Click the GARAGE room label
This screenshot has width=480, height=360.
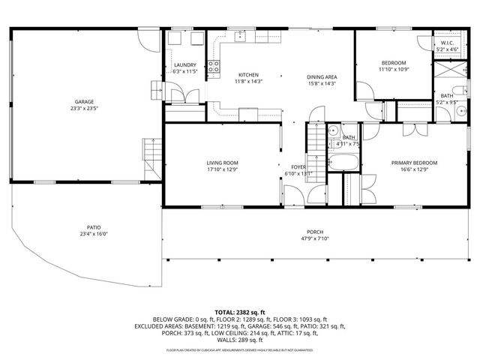coord(83,101)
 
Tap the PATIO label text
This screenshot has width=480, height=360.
coord(93,227)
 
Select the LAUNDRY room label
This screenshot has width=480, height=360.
coord(184,65)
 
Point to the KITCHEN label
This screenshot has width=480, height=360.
coord(248,75)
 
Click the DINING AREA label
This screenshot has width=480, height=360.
coord(321,76)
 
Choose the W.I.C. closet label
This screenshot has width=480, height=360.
coord(447,43)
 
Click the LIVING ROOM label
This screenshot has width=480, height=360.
coord(223,163)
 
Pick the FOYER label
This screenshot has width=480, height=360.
coord(298,167)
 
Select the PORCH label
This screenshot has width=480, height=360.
coord(315,232)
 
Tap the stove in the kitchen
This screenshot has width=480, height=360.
coord(213,69)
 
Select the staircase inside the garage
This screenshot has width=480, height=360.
coord(153,154)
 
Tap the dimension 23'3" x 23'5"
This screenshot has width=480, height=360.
coord(83,108)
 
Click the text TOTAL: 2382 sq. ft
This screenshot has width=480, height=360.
coord(240,311)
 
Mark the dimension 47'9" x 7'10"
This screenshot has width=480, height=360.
coord(315,238)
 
